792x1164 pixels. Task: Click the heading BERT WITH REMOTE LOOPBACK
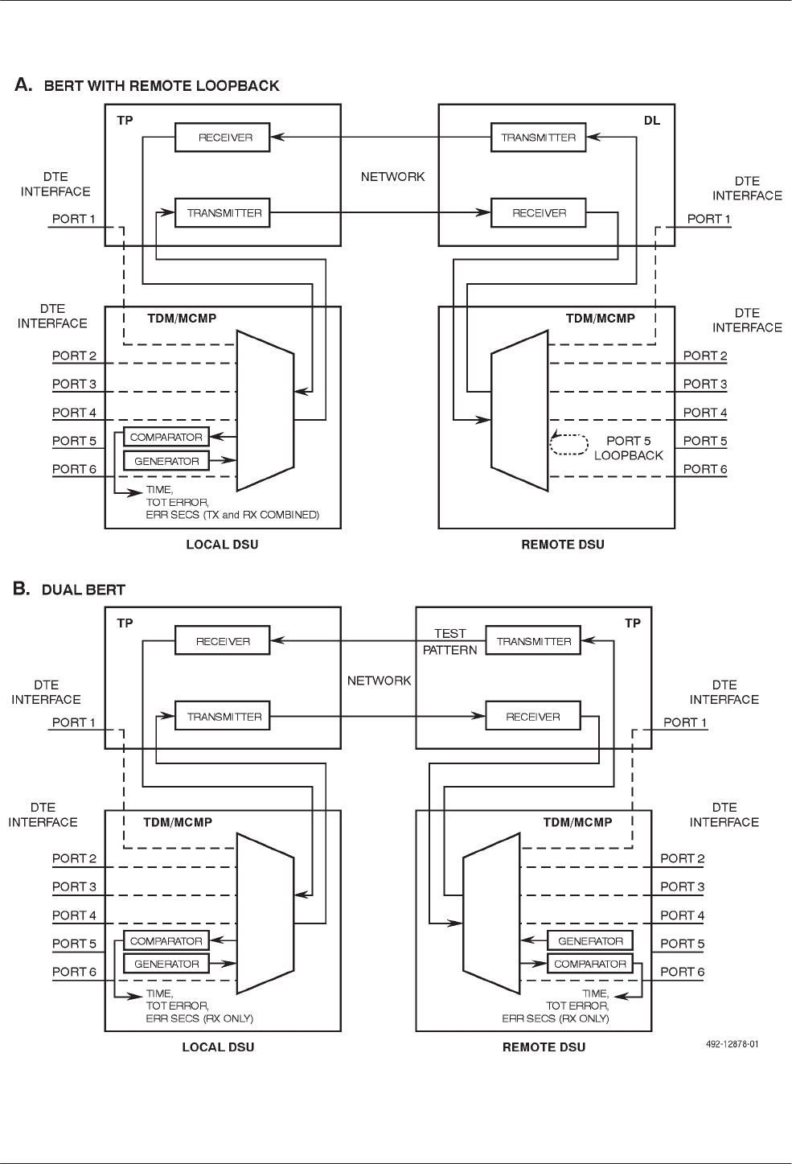pos(162,86)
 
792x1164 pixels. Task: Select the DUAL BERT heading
pos(84,590)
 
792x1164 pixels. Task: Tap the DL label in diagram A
pos(652,121)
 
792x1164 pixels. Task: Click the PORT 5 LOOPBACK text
pos(629,448)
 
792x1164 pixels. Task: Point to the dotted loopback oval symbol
pos(568,445)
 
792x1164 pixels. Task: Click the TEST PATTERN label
pos(450,642)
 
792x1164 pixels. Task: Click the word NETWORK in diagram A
pos(393,176)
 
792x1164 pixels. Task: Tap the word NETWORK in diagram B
pos(380,681)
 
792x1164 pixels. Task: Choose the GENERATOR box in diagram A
pos(166,461)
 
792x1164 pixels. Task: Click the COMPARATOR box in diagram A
pos(166,437)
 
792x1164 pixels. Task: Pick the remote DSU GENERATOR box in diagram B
pos(590,940)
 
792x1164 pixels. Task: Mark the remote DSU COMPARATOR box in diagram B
pos(590,964)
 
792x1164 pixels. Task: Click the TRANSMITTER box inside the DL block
pos(539,138)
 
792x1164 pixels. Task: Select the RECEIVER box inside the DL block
pos(539,213)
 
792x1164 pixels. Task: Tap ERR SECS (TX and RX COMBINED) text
pos(232,515)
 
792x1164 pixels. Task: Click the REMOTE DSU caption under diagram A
pos(563,545)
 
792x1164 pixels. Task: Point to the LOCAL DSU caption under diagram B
pos(218,1047)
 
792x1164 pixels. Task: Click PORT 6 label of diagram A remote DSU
pos(705,469)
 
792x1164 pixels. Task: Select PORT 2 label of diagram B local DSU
pos(74,858)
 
